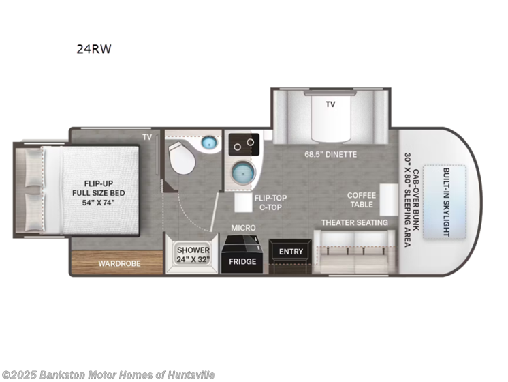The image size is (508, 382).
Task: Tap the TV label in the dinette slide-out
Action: (330, 104)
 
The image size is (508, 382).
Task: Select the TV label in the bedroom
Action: (146, 137)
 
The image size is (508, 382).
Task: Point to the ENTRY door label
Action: (291, 252)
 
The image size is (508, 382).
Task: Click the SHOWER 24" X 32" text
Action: (192, 254)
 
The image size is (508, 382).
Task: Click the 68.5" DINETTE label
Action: (330, 154)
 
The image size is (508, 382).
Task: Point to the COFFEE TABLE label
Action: (362, 200)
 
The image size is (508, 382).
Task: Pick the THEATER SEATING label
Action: (354, 222)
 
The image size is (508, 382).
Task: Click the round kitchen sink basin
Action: (244, 173)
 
